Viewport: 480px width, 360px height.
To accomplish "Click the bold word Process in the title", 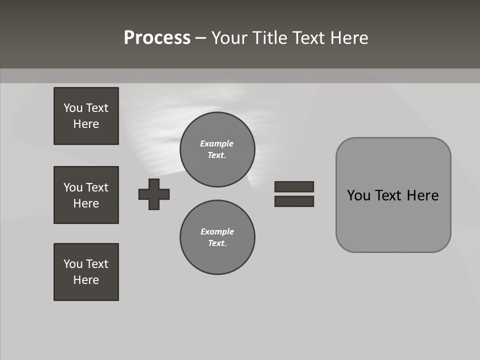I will (x=157, y=38).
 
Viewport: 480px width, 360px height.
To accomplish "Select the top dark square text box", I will (x=86, y=116).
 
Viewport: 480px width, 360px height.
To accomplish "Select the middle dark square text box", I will (x=86, y=195).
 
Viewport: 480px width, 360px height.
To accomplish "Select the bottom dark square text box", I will (x=86, y=272).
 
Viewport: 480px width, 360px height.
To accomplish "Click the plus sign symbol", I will (x=154, y=194).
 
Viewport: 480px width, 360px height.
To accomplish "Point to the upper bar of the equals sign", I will (x=294, y=186).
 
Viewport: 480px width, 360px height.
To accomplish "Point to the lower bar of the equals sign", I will (x=294, y=201).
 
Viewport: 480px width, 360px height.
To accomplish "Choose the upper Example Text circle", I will (x=217, y=149).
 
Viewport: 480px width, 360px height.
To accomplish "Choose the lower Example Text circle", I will (x=217, y=237).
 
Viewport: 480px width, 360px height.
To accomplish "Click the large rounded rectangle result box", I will (x=393, y=220).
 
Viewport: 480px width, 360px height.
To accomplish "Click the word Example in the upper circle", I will (x=217, y=143).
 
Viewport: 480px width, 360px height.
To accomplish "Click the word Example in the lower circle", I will (x=217, y=231).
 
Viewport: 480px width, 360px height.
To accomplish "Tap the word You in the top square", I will (x=73, y=108).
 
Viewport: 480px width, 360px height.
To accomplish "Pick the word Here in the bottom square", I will (x=86, y=280).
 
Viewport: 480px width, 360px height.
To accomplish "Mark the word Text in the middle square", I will (x=97, y=187).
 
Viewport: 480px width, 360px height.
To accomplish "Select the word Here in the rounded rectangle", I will (x=422, y=195).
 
